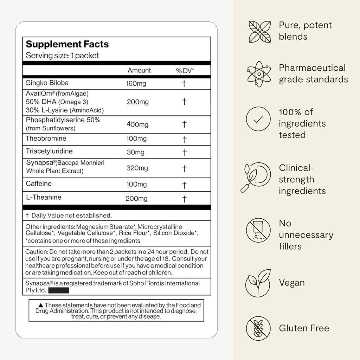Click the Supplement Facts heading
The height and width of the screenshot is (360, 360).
coord(67,44)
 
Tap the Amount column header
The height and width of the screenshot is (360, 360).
coord(139,70)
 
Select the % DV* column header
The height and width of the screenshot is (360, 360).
coord(185,71)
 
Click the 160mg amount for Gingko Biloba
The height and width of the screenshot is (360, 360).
coord(136,84)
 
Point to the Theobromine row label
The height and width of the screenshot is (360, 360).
coord(46,139)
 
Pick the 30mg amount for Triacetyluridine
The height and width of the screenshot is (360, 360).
coord(135,152)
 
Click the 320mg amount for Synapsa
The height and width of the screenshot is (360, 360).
coord(137,168)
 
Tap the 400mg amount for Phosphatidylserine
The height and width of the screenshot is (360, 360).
coord(137,124)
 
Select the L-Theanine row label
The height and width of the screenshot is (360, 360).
coord(44,197)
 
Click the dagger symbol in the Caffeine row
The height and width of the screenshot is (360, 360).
coord(184,185)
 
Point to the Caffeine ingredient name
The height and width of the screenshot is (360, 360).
coord(39,184)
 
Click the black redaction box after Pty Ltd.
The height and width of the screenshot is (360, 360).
coord(58,291)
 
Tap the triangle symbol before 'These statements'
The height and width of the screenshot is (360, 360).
coord(40,306)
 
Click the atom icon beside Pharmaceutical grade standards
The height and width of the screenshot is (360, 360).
coord(258,74)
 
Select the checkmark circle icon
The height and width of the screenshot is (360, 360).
coord(258,119)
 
